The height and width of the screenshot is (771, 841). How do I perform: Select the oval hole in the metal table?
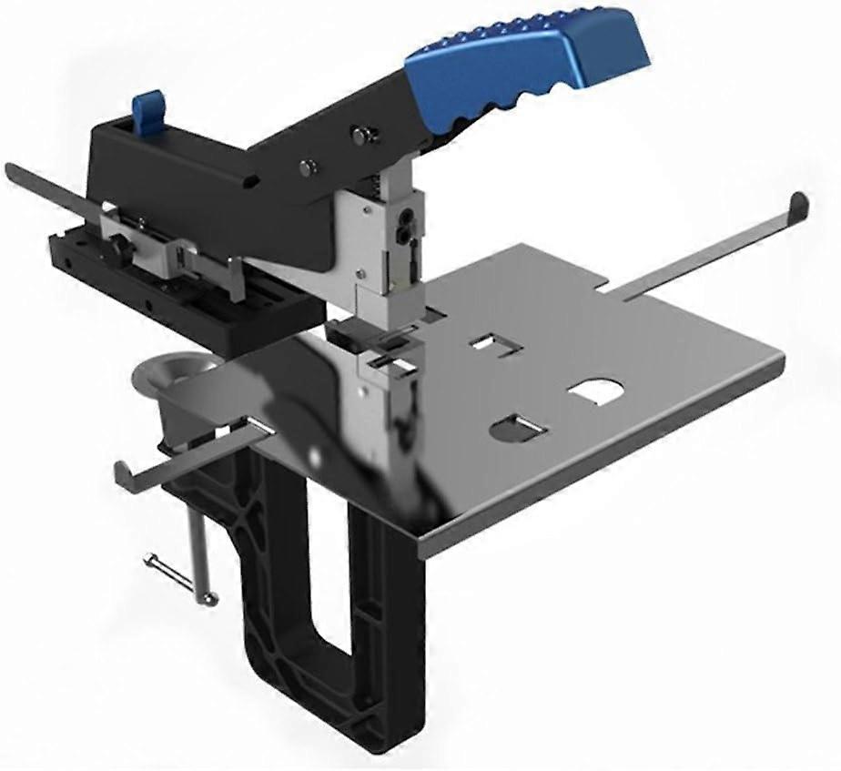595,390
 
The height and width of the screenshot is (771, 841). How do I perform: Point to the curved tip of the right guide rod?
798,201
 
